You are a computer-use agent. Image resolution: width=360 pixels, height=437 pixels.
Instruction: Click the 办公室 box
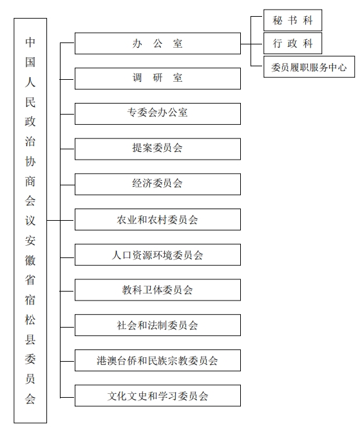pos(158,44)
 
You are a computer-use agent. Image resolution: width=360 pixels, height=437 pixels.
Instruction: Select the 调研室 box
pos(158,79)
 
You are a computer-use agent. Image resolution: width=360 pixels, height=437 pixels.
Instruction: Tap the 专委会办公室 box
pos(158,114)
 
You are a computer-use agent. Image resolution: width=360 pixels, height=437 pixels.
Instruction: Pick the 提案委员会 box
pos(158,149)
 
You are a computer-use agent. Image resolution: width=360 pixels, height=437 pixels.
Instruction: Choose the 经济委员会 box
pos(158,184)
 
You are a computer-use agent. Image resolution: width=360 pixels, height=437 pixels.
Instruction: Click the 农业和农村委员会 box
pos(158,219)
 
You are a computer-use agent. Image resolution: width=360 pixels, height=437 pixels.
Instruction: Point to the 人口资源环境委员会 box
pos(158,255)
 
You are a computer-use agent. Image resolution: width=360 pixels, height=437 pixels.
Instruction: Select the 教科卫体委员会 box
pos(158,290)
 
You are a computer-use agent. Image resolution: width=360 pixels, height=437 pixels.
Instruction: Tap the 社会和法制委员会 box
pos(158,325)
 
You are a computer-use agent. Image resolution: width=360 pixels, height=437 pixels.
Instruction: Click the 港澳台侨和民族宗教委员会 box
pos(158,360)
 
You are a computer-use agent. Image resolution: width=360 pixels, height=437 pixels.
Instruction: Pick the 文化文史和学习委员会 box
pos(158,395)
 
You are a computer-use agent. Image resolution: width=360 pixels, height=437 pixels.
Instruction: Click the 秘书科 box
pos(293,20)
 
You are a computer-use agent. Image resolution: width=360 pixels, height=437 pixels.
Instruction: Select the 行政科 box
pos(293,43)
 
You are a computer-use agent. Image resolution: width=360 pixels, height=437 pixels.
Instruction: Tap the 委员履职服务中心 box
pos(309,67)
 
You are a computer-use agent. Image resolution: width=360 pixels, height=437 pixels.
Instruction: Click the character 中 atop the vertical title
pos(30,42)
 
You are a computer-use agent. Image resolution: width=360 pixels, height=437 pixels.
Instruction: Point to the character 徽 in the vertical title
pos(30,260)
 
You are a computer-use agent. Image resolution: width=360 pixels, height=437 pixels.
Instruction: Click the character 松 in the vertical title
pos(30,320)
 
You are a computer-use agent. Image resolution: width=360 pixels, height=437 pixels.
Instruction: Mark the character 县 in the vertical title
pos(30,340)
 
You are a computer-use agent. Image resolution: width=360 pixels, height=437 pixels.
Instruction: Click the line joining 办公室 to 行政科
pos(252,44)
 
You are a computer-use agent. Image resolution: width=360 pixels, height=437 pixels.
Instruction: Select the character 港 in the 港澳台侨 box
pos(101,360)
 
